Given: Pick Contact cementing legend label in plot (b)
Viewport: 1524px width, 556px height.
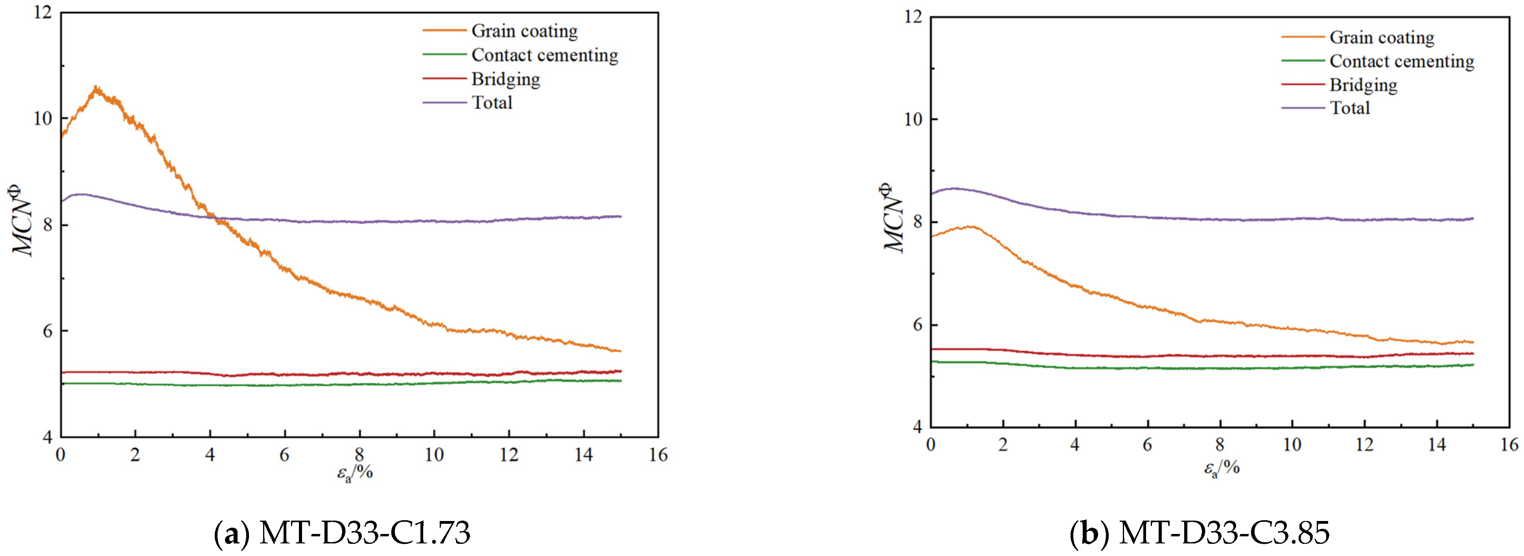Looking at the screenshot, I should (1402, 61).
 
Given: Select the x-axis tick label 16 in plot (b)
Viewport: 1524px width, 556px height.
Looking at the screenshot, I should (1509, 444).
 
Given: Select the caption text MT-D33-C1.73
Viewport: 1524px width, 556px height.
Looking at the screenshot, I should (365, 534).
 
